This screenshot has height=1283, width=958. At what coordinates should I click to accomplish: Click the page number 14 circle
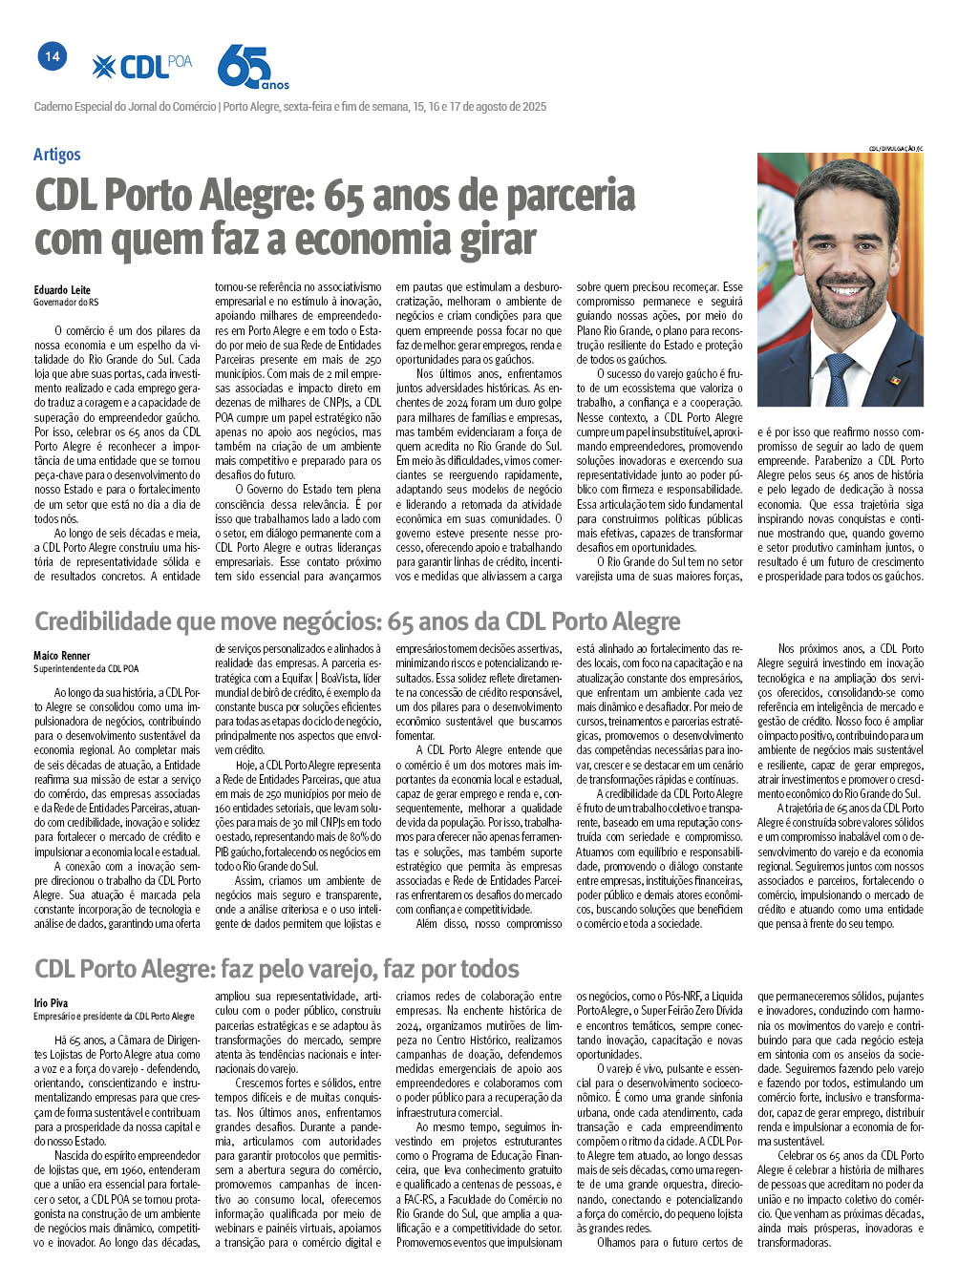[52, 56]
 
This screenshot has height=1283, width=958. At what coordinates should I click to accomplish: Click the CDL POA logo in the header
[142, 66]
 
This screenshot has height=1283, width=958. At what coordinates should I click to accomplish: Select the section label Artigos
[56, 155]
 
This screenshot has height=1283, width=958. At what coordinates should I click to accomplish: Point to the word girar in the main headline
[493, 240]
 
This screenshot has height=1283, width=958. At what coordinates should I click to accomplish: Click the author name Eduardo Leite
[62, 290]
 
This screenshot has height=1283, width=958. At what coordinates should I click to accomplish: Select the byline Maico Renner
[62, 656]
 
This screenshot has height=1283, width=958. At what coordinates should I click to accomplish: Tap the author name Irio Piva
[51, 1003]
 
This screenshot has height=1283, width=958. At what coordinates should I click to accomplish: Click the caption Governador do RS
[66, 303]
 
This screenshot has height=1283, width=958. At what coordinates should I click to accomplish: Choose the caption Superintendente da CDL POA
[86, 668]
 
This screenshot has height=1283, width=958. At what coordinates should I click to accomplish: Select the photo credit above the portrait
[895, 148]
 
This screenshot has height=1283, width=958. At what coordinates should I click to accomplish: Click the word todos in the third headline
[485, 970]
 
